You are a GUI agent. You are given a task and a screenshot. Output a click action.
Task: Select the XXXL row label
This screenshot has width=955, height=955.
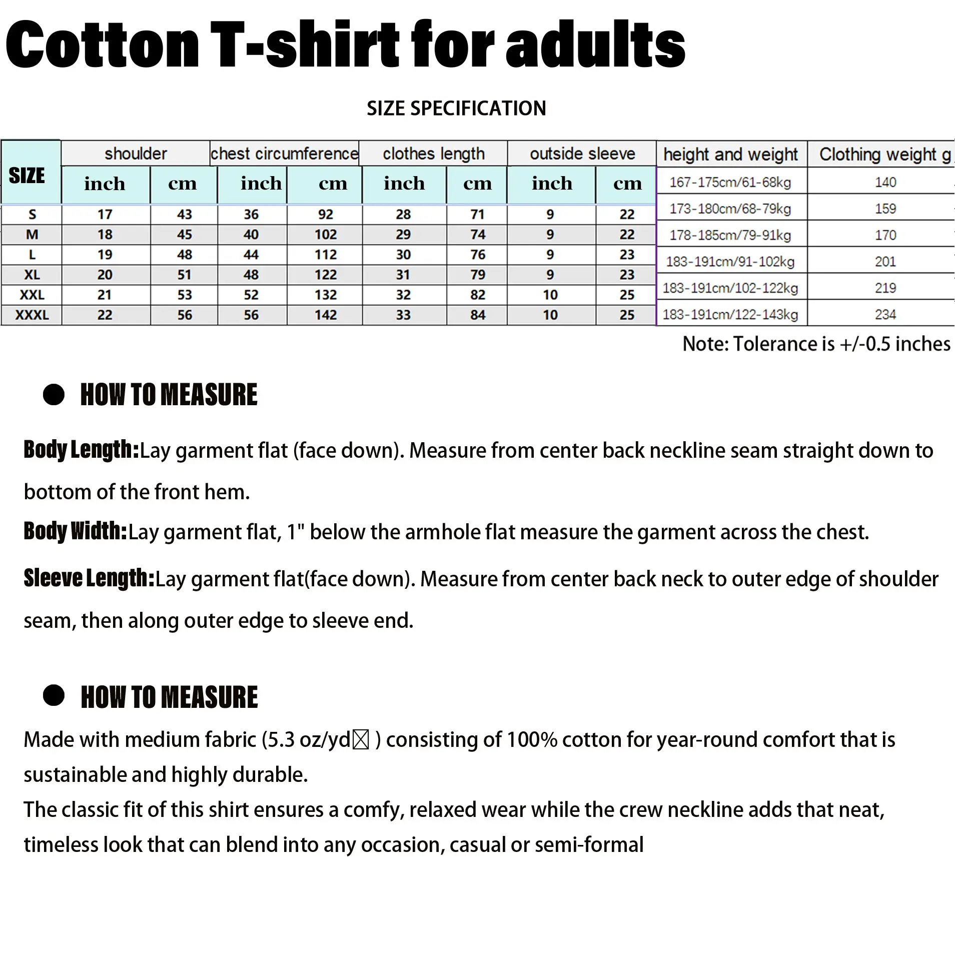[x=32, y=315]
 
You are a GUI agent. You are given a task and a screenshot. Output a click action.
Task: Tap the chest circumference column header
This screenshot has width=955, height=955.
[x=284, y=154]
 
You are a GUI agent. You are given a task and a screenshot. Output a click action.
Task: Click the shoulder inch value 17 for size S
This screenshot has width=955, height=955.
[x=105, y=215]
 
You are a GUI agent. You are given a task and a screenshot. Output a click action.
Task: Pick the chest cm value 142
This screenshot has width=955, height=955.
[x=326, y=315]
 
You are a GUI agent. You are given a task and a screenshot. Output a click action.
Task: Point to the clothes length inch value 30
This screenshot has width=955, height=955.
[x=403, y=255]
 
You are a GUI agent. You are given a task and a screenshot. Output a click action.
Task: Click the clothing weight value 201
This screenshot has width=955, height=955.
[x=885, y=262]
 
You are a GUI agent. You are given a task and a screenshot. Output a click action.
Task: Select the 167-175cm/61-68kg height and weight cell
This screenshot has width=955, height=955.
[x=730, y=182]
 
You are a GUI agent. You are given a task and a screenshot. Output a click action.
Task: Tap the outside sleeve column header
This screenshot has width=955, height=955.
[x=582, y=154]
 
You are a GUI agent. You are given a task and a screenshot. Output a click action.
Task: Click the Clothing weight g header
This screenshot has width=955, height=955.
[x=884, y=155]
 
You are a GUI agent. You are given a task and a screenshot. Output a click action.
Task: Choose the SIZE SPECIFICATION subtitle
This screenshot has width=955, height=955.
[x=456, y=109]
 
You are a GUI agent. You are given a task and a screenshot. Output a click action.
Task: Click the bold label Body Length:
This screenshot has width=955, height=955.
[x=81, y=450]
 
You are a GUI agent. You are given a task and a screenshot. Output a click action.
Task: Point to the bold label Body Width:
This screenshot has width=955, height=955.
[x=76, y=531]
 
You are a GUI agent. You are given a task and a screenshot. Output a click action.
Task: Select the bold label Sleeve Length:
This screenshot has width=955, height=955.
[x=89, y=578]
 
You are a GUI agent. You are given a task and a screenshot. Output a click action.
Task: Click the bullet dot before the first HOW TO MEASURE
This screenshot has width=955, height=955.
[x=54, y=395]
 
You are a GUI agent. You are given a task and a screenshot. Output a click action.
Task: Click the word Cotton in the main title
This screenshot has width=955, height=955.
[x=103, y=45]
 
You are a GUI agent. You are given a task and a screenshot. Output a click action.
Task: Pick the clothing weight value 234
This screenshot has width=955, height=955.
[x=885, y=315]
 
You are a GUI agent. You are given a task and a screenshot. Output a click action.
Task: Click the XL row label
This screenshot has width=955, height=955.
[x=32, y=275]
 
